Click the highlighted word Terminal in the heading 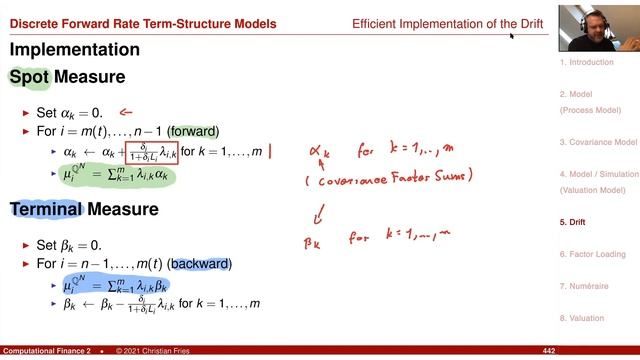(x=45, y=209)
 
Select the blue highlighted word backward (x=202, y=264)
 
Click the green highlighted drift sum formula (x=118, y=175)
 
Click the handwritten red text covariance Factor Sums (x=386, y=182)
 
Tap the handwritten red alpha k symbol (x=320, y=154)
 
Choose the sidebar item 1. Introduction (x=586, y=62)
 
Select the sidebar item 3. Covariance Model (x=598, y=142)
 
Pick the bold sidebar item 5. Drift (x=572, y=222)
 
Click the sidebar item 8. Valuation (x=583, y=319)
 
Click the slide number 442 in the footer (x=548, y=352)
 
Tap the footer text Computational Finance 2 (x=47, y=352)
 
